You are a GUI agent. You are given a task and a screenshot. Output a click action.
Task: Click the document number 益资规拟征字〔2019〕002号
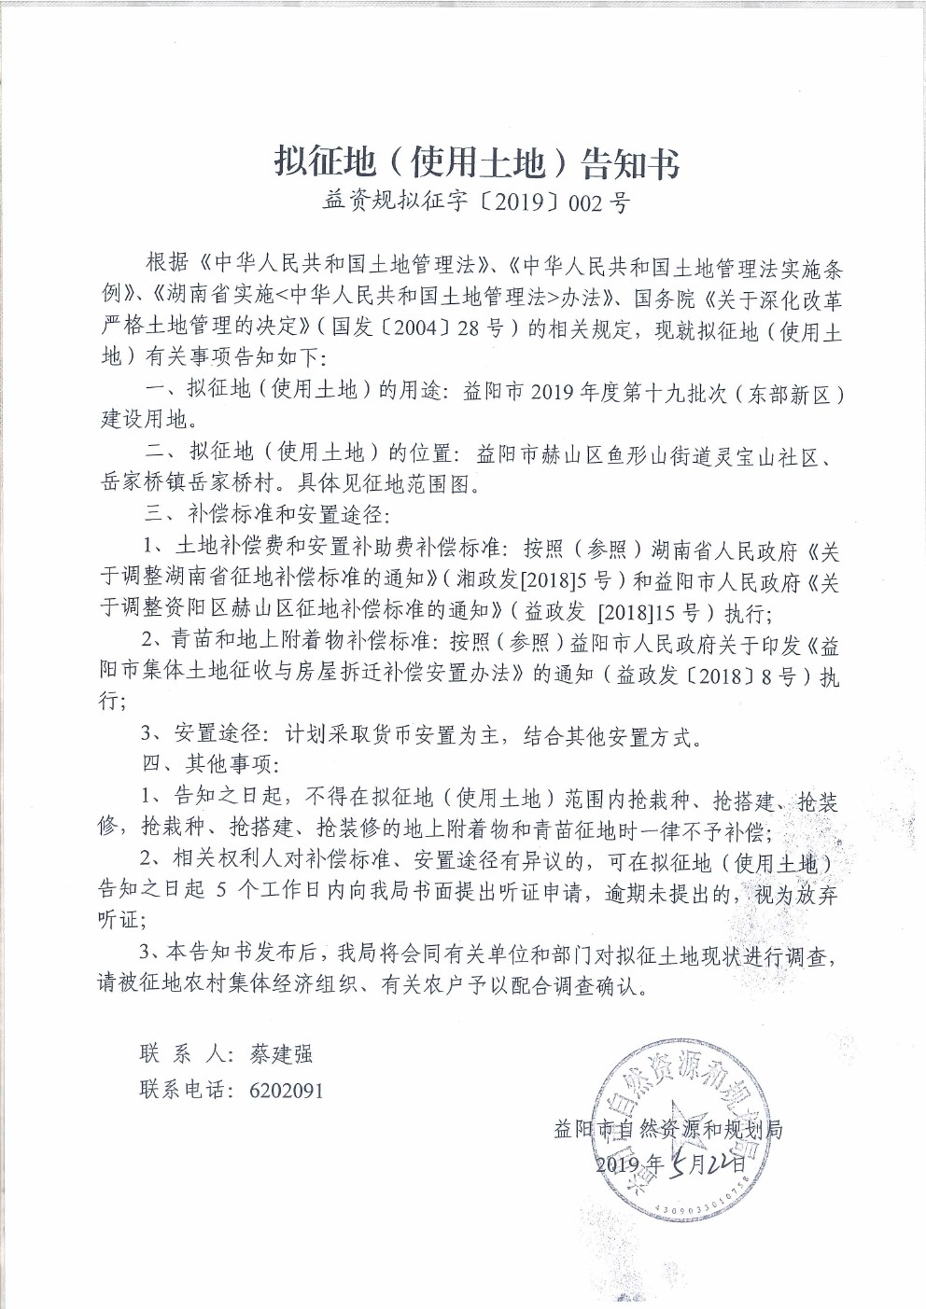[x=476, y=202]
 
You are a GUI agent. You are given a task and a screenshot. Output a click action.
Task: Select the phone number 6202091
[x=287, y=1090]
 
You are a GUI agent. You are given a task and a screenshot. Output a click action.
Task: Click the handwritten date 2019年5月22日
[x=671, y=1163]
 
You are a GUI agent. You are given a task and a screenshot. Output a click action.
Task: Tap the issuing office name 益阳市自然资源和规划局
[x=667, y=1130]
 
